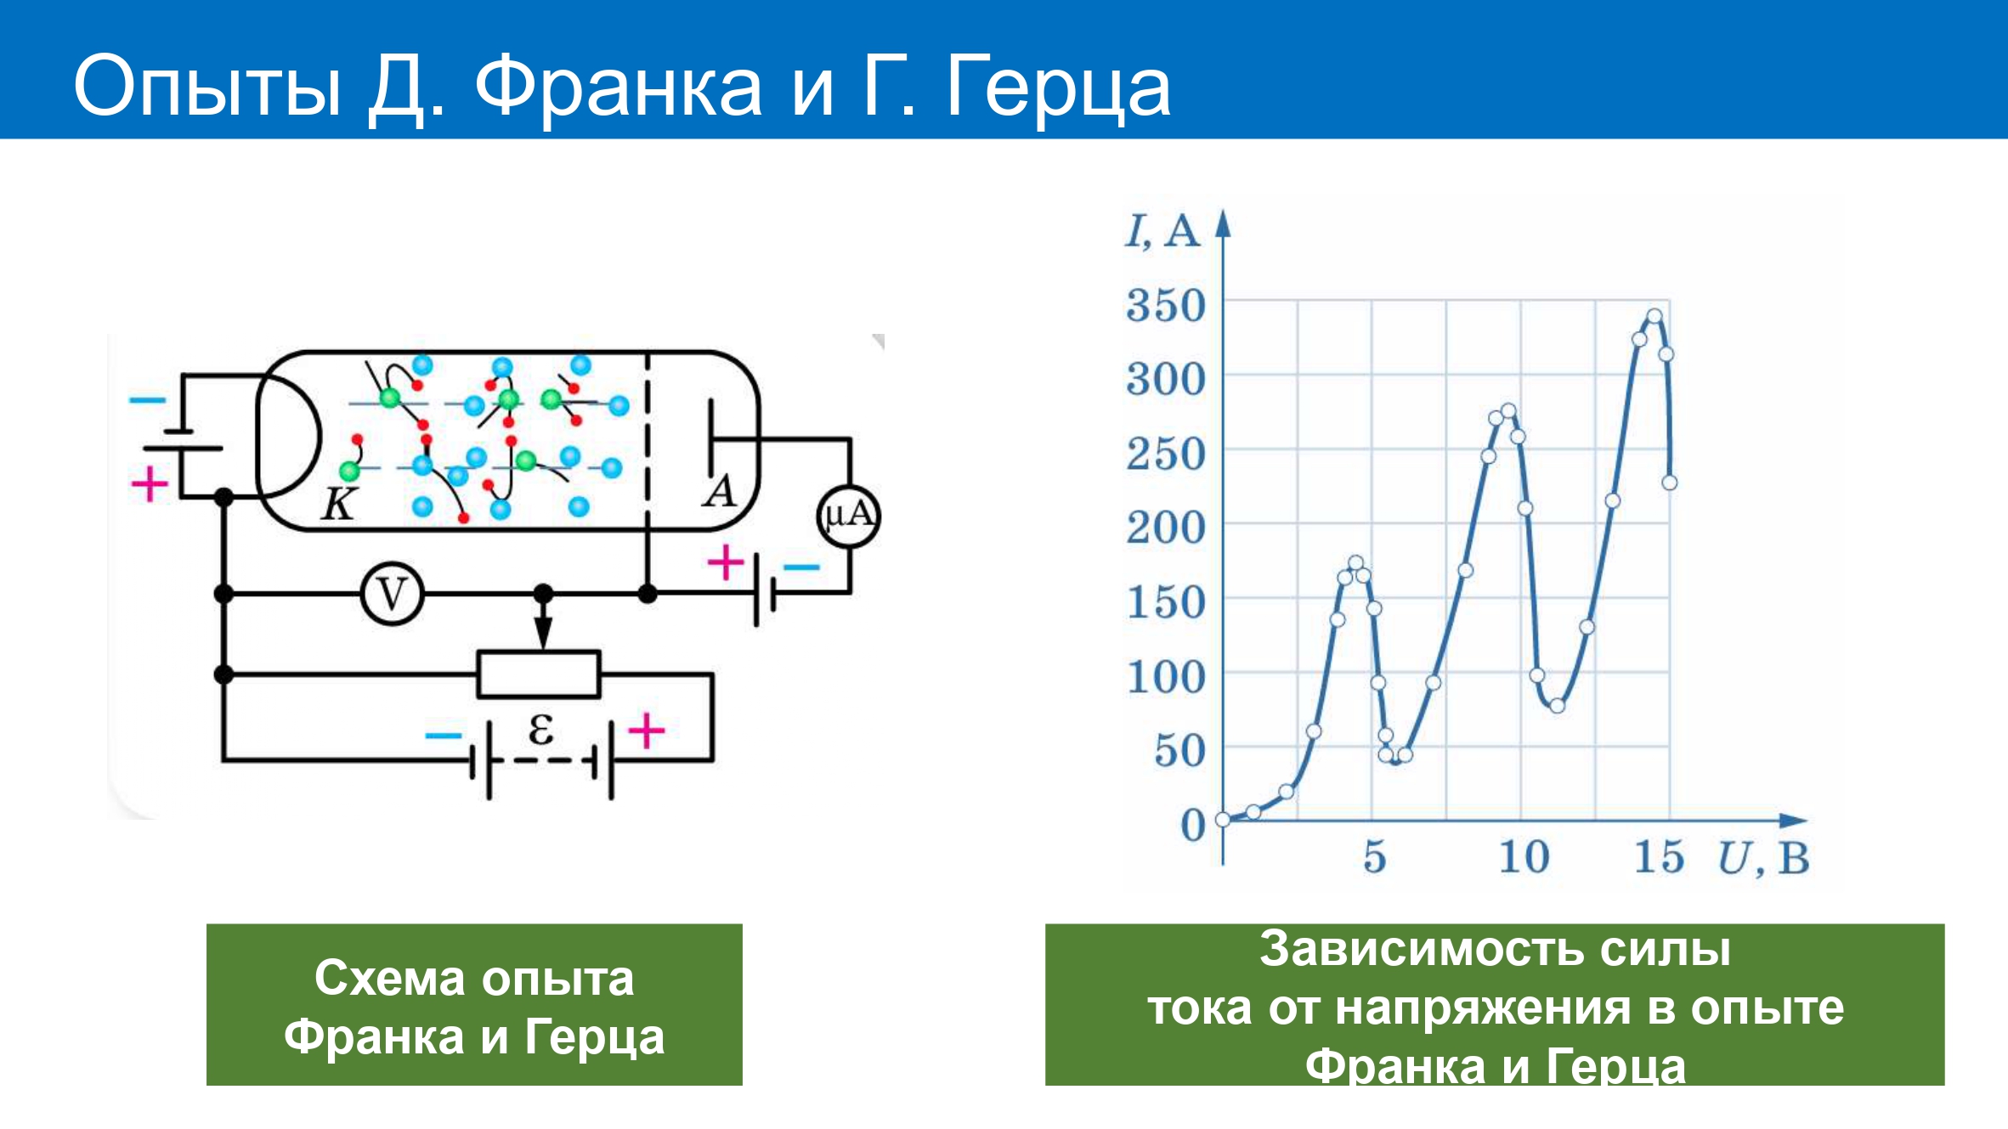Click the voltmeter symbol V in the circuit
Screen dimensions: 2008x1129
click(392, 594)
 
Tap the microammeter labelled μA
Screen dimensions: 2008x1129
click(848, 516)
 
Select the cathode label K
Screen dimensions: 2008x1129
click(338, 504)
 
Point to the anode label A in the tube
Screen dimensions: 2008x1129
click(720, 491)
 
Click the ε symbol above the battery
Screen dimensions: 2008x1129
click(541, 729)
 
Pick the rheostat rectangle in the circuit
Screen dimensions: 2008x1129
click(539, 675)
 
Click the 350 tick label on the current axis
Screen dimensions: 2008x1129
click(1166, 306)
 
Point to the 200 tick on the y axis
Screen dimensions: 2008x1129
click(1166, 528)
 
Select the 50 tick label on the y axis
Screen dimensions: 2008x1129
click(1179, 752)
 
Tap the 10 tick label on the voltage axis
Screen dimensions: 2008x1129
click(1524, 856)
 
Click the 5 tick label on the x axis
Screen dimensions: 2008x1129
click(1375, 856)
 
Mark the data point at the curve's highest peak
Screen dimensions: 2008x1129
click(1654, 317)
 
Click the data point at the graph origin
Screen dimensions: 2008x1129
click(1223, 820)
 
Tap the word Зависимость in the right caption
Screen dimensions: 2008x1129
click(1421, 949)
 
